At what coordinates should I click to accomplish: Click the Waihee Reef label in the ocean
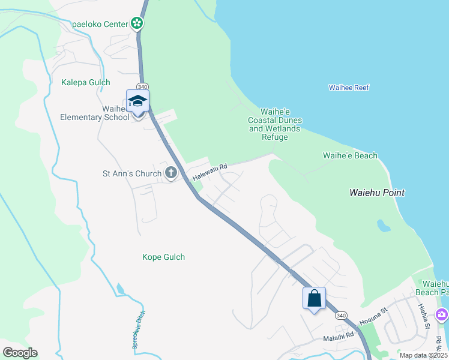tap(349, 88)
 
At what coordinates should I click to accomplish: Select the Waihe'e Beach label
tap(350, 156)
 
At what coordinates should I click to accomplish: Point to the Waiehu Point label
tap(377, 193)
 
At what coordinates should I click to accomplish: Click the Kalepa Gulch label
tap(86, 82)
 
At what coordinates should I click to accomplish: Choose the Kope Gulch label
tap(163, 257)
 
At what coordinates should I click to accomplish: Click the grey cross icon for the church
tap(171, 173)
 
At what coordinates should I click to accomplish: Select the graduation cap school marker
tap(137, 101)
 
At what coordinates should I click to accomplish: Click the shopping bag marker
tap(314, 298)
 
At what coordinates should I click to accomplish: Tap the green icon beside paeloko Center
tap(137, 24)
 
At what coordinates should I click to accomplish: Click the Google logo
tap(20, 352)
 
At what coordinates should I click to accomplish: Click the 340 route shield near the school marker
tap(143, 86)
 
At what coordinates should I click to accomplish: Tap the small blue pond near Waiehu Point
tap(382, 226)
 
